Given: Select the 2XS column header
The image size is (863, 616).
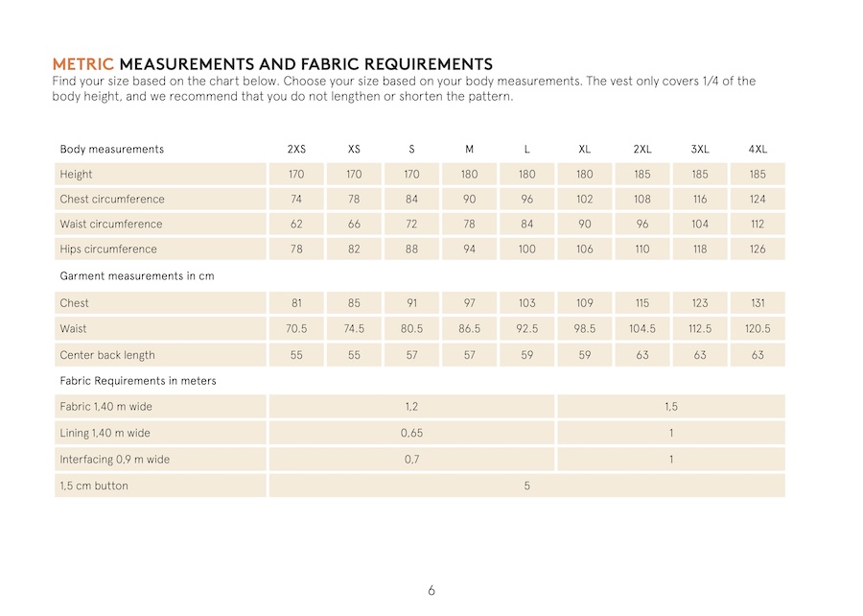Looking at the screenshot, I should tap(296, 149).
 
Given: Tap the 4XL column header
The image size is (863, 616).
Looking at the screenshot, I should tap(758, 149).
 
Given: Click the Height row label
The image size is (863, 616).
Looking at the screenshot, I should tap(77, 175).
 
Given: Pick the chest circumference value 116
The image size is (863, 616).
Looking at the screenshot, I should tap(700, 200).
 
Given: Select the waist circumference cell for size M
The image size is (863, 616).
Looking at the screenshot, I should tap(469, 225).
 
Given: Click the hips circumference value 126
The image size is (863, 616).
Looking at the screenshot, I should tap(758, 249).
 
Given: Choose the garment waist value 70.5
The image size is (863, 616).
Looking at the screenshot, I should tap(296, 329).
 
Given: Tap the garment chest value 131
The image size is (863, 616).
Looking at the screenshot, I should tap(758, 303).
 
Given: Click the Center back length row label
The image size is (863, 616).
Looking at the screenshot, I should tap(107, 355).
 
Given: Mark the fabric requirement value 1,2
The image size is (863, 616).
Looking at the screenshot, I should tap(411, 407).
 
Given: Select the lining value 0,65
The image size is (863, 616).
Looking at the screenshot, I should tap(411, 434).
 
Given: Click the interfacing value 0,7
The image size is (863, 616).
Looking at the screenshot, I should tap(411, 460).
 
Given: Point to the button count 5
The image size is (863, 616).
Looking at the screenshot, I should tap(526, 486).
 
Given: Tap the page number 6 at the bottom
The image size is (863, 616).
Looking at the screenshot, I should tap(431, 590).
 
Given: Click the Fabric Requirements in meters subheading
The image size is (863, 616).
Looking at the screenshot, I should tap(138, 381).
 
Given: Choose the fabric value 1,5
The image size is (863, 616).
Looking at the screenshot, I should tap(671, 407).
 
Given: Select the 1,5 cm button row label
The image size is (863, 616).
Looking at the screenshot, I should tap(94, 486).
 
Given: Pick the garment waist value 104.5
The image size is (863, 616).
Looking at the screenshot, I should tap(642, 329).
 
